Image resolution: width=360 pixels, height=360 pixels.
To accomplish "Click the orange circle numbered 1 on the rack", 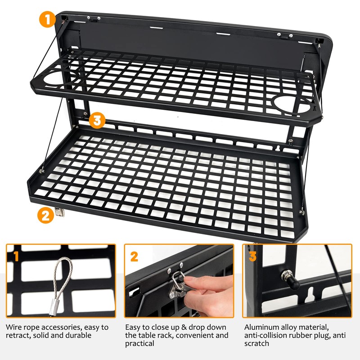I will coord(47,20).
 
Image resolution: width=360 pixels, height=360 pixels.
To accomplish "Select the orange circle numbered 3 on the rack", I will coord(97,121).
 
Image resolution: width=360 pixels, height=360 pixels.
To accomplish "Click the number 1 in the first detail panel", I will coord(16,257).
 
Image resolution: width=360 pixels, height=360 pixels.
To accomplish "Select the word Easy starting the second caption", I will coord(134,327).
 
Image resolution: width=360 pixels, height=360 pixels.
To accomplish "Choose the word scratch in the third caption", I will coord(256,343).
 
